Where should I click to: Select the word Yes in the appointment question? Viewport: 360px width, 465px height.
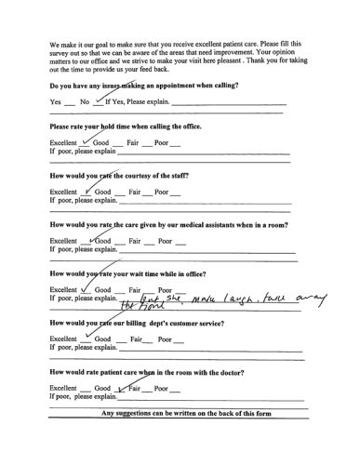55,100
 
